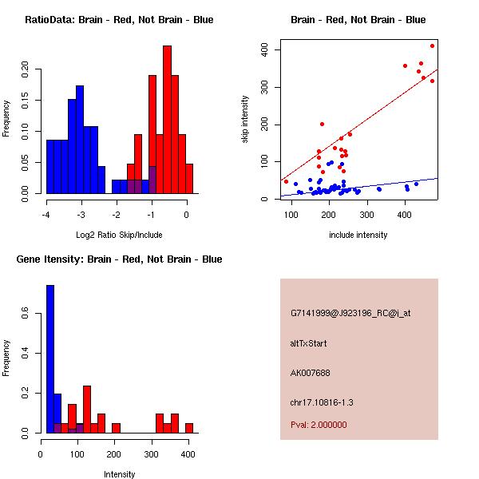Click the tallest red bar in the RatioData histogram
tap(167, 120)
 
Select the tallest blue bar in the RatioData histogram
tap(80, 140)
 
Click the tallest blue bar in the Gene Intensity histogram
tap(50, 359)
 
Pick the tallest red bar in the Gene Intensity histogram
tap(87, 410)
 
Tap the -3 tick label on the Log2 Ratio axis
tap(81, 215)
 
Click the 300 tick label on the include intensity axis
tap(367, 215)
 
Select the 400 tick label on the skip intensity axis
tap(264, 49)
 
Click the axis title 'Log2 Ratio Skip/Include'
tap(119, 235)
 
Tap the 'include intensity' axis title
tap(358, 235)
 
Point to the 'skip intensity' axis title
tap(245, 119)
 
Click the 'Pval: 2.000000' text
tap(319, 425)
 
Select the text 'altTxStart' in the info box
tap(308, 343)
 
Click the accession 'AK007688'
tap(310, 373)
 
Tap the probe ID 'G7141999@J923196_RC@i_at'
tap(350, 314)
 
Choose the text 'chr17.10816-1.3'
tap(322, 402)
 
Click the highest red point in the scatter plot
tap(432, 46)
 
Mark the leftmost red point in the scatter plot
tap(286, 182)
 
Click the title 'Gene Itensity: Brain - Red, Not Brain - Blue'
tap(119, 259)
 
